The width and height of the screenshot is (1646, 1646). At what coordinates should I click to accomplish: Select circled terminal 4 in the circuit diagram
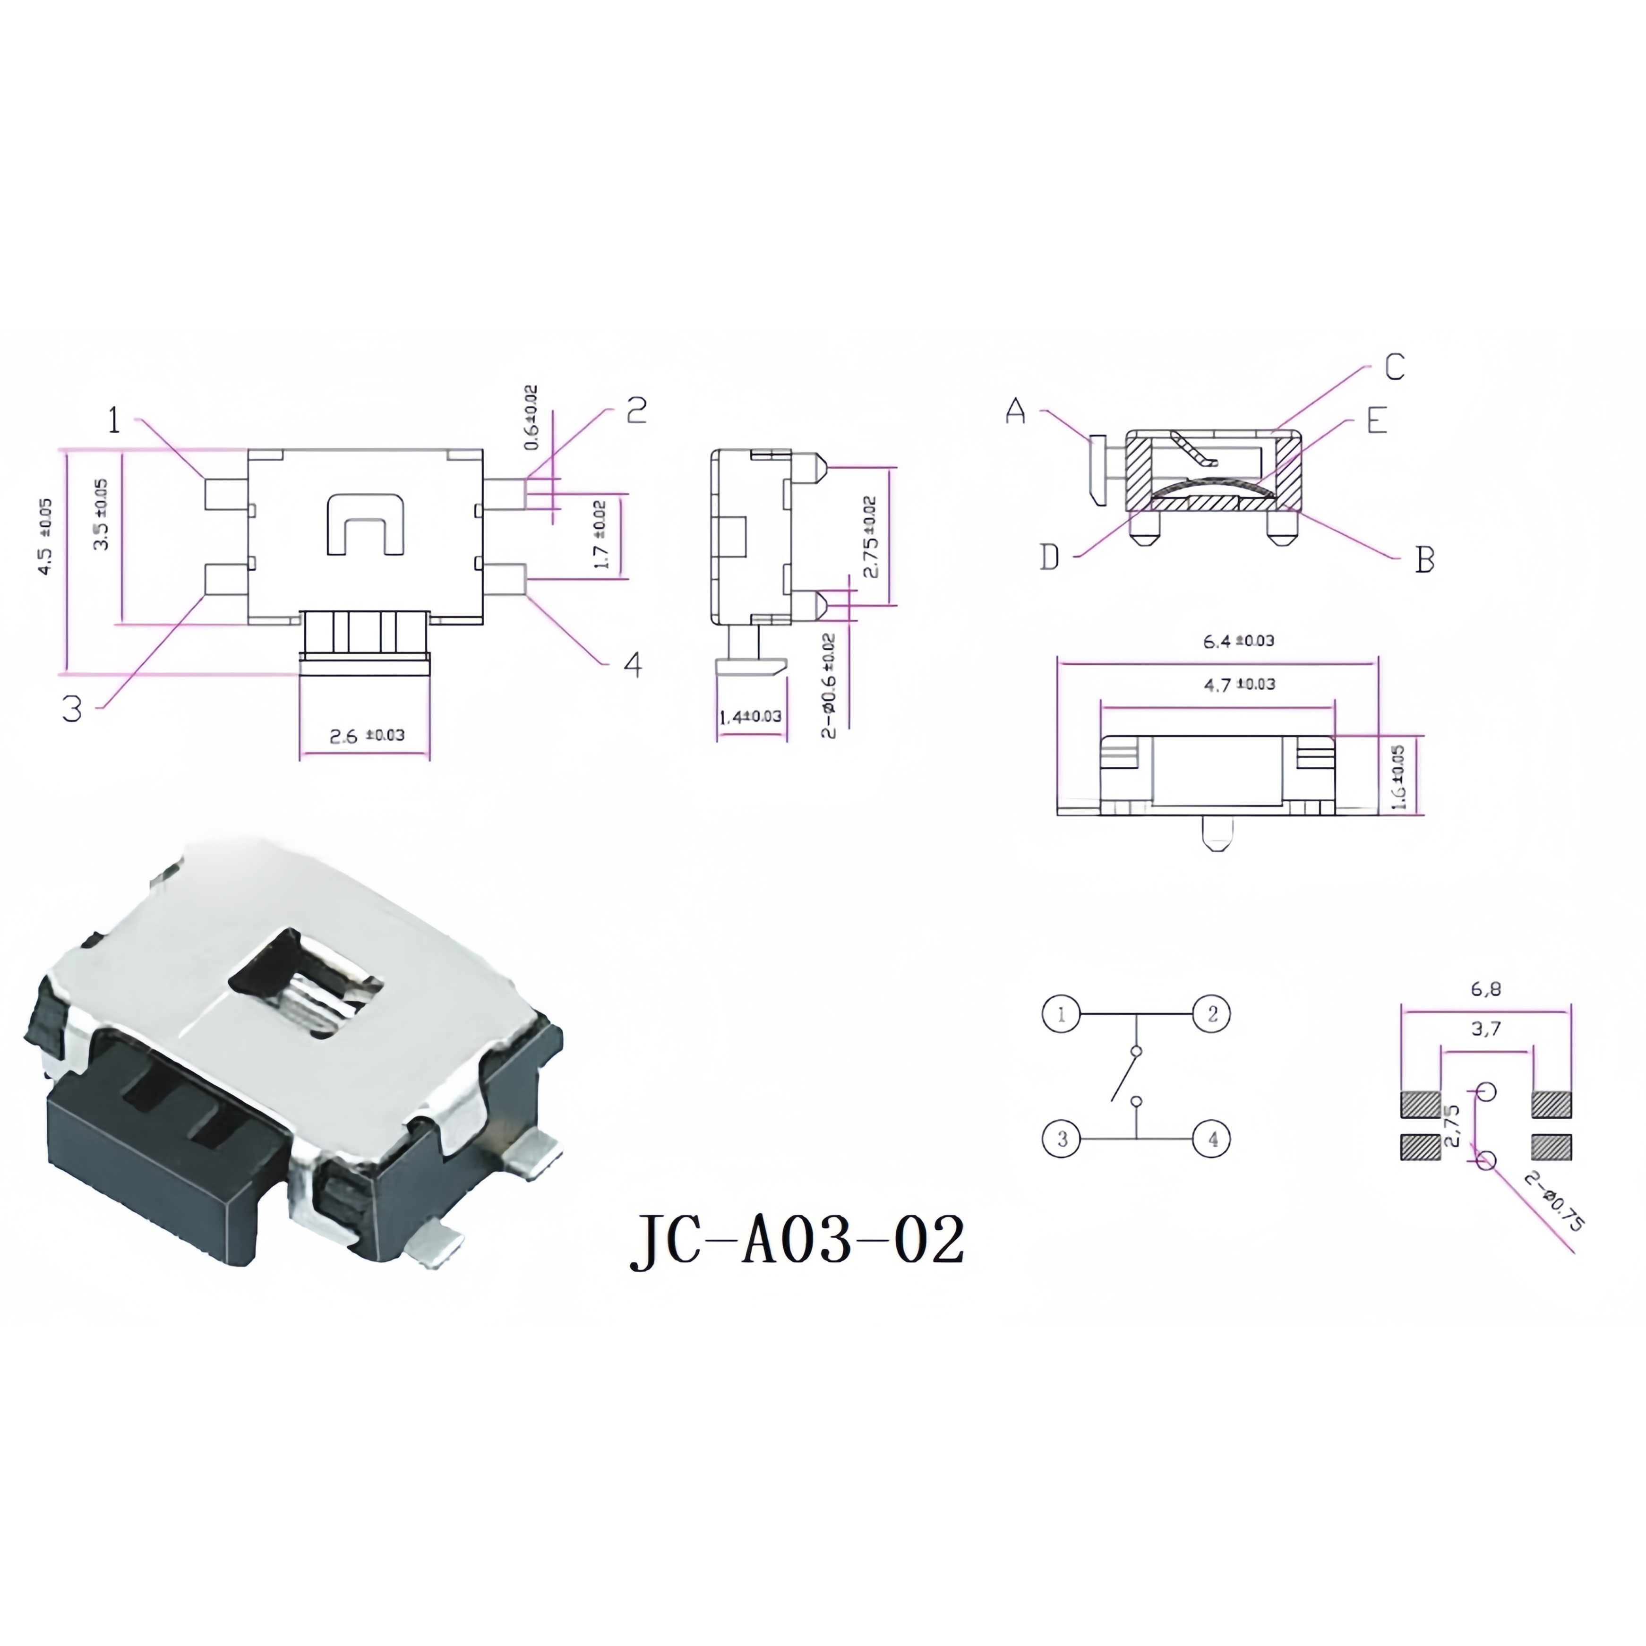1211,1139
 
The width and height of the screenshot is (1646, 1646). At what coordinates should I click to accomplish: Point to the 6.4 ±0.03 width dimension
1238,641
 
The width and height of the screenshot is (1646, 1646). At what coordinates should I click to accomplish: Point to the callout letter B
1424,560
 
